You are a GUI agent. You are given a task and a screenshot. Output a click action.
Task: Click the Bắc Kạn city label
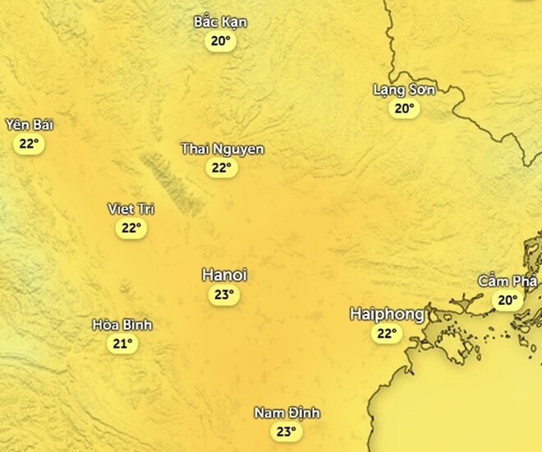[x=220, y=22]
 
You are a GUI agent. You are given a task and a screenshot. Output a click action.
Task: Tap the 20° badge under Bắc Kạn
[x=220, y=41]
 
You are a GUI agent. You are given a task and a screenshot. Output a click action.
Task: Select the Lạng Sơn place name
[x=404, y=90]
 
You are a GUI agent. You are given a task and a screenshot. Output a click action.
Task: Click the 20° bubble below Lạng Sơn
[x=404, y=108]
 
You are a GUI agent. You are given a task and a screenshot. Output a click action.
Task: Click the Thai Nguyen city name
[x=222, y=149]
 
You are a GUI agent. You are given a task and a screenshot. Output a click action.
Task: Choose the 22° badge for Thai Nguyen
[x=221, y=168]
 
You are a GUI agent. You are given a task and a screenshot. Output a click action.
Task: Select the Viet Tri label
[x=131, y=209]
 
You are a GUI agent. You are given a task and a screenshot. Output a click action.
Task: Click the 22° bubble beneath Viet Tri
[x=131, y=228]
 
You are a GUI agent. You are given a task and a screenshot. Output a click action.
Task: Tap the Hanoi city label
[x=224, y=275]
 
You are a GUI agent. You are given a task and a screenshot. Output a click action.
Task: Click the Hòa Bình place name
[x=122, y=325]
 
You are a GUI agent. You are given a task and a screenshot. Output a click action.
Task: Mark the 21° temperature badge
[x=122, y=344]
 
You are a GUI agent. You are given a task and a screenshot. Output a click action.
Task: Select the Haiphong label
[x=387, y=314]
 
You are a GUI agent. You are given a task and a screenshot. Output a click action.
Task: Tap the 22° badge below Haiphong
[x=386, y=334]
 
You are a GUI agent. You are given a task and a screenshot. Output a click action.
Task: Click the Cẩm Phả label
[x=508, y=281]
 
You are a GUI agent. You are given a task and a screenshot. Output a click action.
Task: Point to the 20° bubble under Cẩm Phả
[x=508, y=301]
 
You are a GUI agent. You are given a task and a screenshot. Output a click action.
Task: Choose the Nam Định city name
[x=287, y=413]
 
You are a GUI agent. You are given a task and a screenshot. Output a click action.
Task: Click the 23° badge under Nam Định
[x=286, y=431]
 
